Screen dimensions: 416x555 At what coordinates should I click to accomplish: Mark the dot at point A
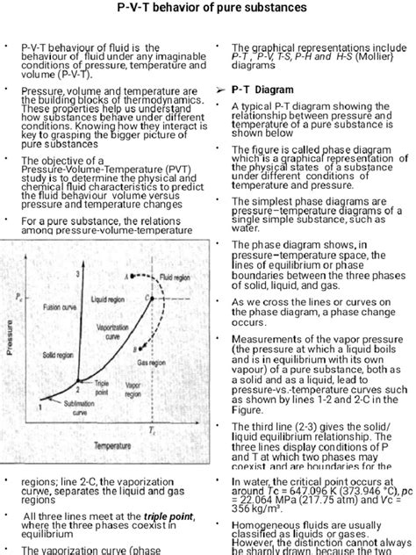pyautogui.click(x=132, y=276)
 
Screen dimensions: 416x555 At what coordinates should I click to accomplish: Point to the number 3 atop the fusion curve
pyautogui.click(x=78, y=274)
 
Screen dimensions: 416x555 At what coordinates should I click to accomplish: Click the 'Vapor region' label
pyautogui.click(x=133, y=389)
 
